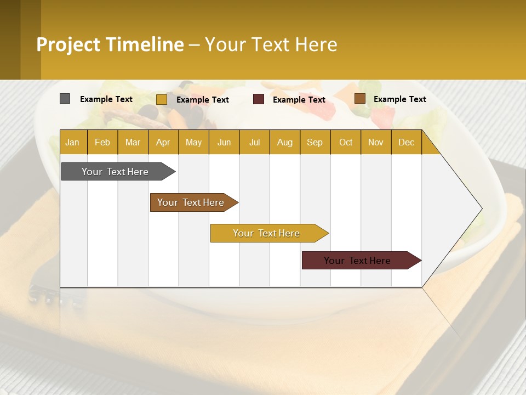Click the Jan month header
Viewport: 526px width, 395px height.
[73, 142]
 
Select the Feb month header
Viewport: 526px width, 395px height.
[102, 142]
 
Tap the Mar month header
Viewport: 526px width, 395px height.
[133, 142]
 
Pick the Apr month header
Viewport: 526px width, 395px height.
[163, 142]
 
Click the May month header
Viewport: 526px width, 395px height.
[193, 142]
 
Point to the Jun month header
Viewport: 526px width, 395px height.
[224, 142]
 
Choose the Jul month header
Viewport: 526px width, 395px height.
[254, 142]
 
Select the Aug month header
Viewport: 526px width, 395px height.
[285, 142]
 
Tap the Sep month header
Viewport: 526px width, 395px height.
[315, 142]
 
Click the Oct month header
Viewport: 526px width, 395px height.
[346, 142]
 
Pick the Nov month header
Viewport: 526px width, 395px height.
[376, 142]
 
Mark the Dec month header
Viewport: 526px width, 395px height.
[406, 142]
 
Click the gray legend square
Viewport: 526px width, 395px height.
[65, 99]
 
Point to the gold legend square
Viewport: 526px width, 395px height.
[162, 99]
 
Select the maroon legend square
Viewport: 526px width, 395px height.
[259, 99]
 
